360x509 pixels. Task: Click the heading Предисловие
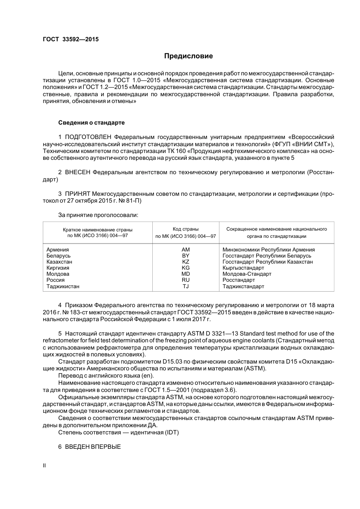(188, 56)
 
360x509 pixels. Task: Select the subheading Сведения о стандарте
(91, 123)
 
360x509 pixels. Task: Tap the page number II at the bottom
(44, 465)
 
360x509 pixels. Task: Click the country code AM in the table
(186, 250)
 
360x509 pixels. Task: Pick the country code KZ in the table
(186, 262)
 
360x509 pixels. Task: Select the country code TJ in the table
(186, 286)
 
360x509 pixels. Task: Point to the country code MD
(186, 274)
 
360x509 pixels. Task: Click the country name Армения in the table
(58, 250)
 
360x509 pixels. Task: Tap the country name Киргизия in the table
(58, 268)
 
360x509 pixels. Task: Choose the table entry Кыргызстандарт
(243, 268)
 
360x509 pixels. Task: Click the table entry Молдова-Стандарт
(247, 274)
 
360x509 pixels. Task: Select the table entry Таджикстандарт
(243, 286)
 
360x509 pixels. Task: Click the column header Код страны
(186, 229)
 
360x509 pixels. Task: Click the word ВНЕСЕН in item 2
(78, 172)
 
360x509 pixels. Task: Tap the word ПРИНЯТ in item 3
(78, 194)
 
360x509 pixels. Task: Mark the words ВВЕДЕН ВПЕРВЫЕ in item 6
(93, 447)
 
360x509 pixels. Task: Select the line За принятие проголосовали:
(98, 215)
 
